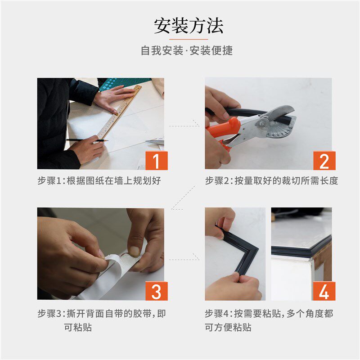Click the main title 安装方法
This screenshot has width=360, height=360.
pyautogui.click(x=189, y=26)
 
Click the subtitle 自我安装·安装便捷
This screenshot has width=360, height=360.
pyautogui.click(x=187, y=50)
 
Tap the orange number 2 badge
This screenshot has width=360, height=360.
pyautogui.click(x=324, y=161)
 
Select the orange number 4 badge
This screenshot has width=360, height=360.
pyautogui.click(x=324, y=291)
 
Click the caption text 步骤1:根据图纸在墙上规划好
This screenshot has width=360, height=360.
pyautogui.click(x=99, y=181)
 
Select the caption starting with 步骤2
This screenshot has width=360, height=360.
pyautogui.click(x=271, y=181)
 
